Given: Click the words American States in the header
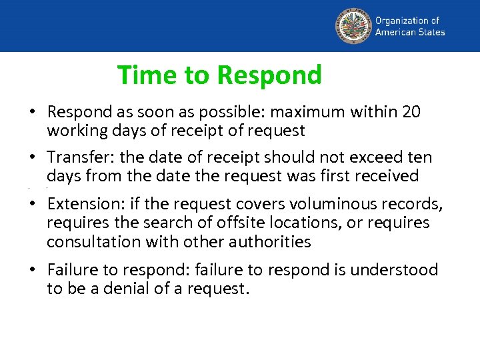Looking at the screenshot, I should click(409, 31).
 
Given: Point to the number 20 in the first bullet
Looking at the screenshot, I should click(411, 112).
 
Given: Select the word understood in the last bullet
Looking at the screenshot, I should click(401, 270).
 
